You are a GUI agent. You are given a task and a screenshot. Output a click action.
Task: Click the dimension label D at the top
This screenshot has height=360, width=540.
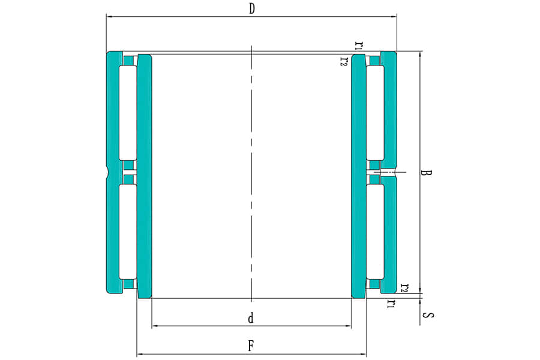(252, 8)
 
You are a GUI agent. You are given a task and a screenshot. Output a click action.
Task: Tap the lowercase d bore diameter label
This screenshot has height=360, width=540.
(251, 318)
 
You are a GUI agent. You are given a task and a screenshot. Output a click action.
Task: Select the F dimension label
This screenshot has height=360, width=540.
(251, 346)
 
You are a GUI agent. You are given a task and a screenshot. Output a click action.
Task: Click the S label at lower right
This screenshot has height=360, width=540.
(428, 315)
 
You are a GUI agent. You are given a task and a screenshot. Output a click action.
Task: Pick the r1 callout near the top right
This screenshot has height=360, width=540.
(359, 45)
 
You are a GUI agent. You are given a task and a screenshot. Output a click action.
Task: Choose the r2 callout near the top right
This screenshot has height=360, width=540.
(344, 61)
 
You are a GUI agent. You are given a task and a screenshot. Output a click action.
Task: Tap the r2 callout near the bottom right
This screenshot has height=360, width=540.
(404, 288)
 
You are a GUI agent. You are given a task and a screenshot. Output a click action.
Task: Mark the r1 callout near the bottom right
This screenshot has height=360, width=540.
(390, 304)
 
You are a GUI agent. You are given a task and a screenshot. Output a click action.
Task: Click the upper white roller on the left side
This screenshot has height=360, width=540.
(128, 113)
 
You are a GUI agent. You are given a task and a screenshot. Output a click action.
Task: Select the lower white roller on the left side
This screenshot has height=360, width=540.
(128, 232)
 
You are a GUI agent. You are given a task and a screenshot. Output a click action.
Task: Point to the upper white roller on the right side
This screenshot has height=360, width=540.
(375, 113)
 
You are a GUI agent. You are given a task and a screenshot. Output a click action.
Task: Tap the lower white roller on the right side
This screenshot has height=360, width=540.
(375, 232)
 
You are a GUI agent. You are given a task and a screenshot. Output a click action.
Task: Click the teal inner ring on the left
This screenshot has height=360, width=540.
(145, 176)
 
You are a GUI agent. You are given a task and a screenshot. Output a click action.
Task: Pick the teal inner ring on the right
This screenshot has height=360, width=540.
(358, 176)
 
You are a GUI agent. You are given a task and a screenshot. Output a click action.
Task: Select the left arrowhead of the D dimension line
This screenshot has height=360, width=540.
(109, 16)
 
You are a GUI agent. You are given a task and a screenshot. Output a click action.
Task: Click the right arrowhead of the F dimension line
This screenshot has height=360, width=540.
(364, 354)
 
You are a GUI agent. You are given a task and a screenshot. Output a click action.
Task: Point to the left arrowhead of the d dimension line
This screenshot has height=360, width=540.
(155, 326)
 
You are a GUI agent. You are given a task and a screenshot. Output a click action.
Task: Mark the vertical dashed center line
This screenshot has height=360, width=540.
(252, 173)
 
